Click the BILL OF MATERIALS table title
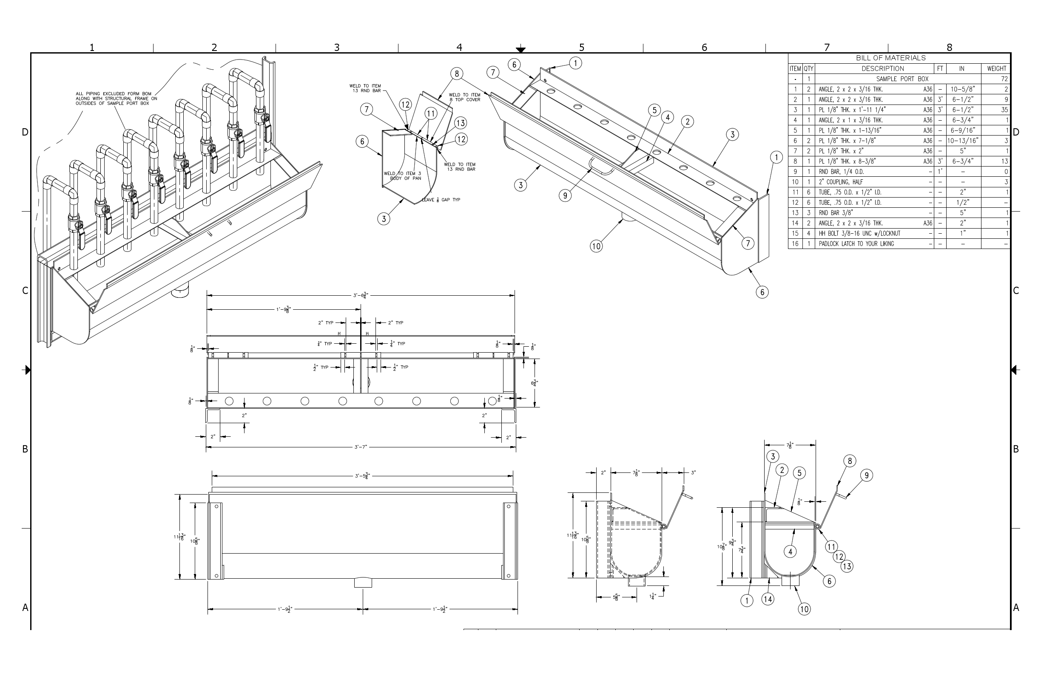click(890, 58)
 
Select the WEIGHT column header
click(996, 68)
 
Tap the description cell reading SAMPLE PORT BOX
click(902, 79)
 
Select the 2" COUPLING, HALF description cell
click(841, 182)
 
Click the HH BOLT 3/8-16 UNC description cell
click(859, 233)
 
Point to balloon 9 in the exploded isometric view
click(565, 196)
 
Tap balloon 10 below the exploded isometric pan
click(596, 246)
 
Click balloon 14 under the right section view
click(768, 599)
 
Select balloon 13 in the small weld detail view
click(460, 123)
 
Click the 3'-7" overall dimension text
click(361, 447)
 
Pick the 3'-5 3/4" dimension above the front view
click(362, 476)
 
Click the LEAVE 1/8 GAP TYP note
click(441, 200)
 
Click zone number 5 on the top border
click(582, 47)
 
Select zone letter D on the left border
click(25, 132)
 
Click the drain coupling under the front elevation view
click(363, 583)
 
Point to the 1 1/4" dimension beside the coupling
click(652, 596)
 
